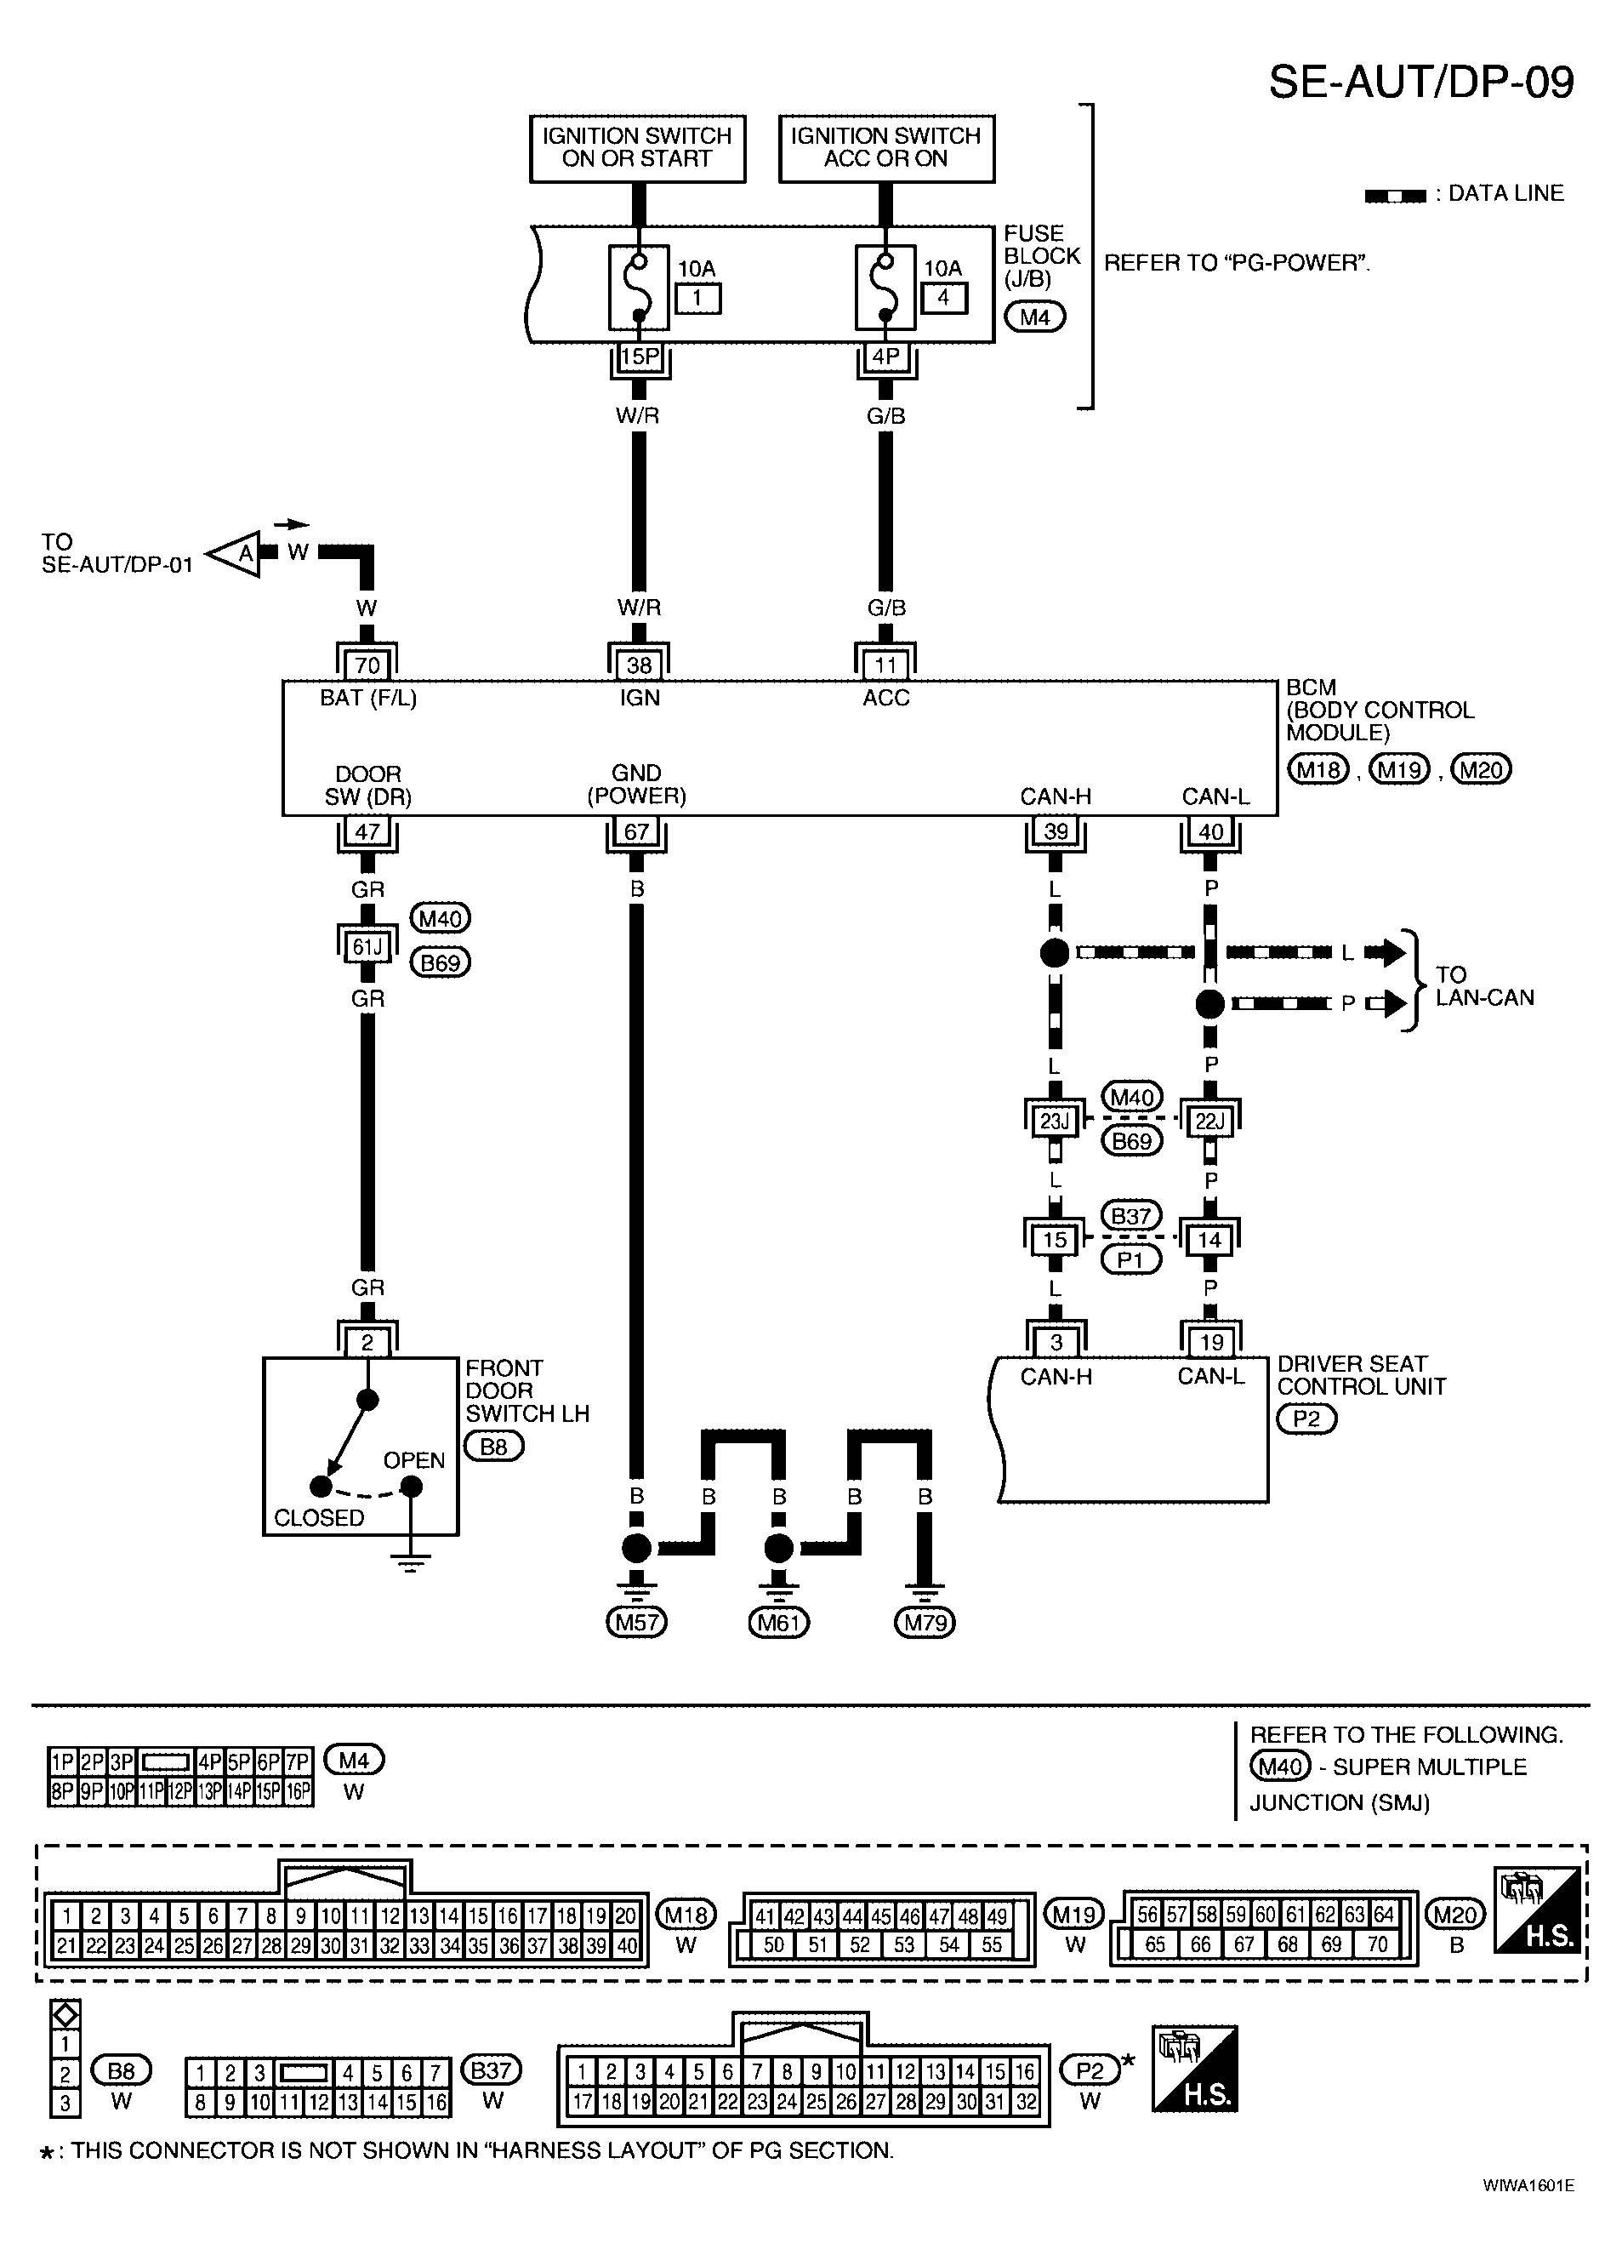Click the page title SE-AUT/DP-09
point(1420,82)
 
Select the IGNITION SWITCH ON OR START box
point(637,148)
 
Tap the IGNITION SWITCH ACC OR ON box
point(886,148)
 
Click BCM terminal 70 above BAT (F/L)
point(367,665)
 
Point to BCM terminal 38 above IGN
point(639,665)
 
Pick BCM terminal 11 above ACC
point(885,665)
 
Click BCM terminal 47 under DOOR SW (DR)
point(367,831)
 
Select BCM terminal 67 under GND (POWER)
point(636,831)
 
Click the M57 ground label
point(636,1623)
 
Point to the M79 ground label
point(925,1623)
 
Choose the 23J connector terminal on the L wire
point(1054,1122)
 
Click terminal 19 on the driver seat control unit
point(1210,1342)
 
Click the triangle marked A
point(234,554)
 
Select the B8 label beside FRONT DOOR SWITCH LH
point(494,1446)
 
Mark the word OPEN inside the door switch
point(413,1460)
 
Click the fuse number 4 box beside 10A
point(943,297)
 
